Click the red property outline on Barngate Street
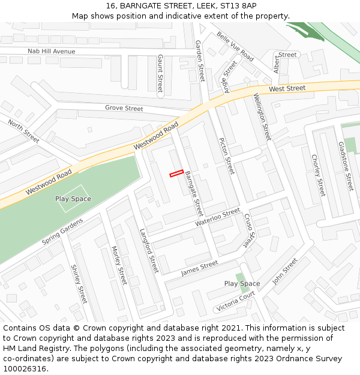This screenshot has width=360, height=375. (176, 173)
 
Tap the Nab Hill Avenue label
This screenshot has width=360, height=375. (52, 52)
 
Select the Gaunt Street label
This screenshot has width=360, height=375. (160, 74)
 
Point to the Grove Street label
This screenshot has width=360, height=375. (124, 109)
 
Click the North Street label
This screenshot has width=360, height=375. (23, 131)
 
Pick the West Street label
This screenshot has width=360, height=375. (287, 89)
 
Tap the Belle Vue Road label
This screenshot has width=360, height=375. (235, 46)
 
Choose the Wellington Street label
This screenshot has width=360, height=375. (262, 116)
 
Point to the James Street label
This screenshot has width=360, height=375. (199, 268)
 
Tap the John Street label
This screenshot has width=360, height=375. (285, 271)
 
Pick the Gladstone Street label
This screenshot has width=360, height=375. (346, 166)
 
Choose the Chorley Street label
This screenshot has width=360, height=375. (318, 175)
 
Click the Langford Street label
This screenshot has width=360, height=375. (149, 251)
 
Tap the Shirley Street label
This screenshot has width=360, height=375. (79, 284)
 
